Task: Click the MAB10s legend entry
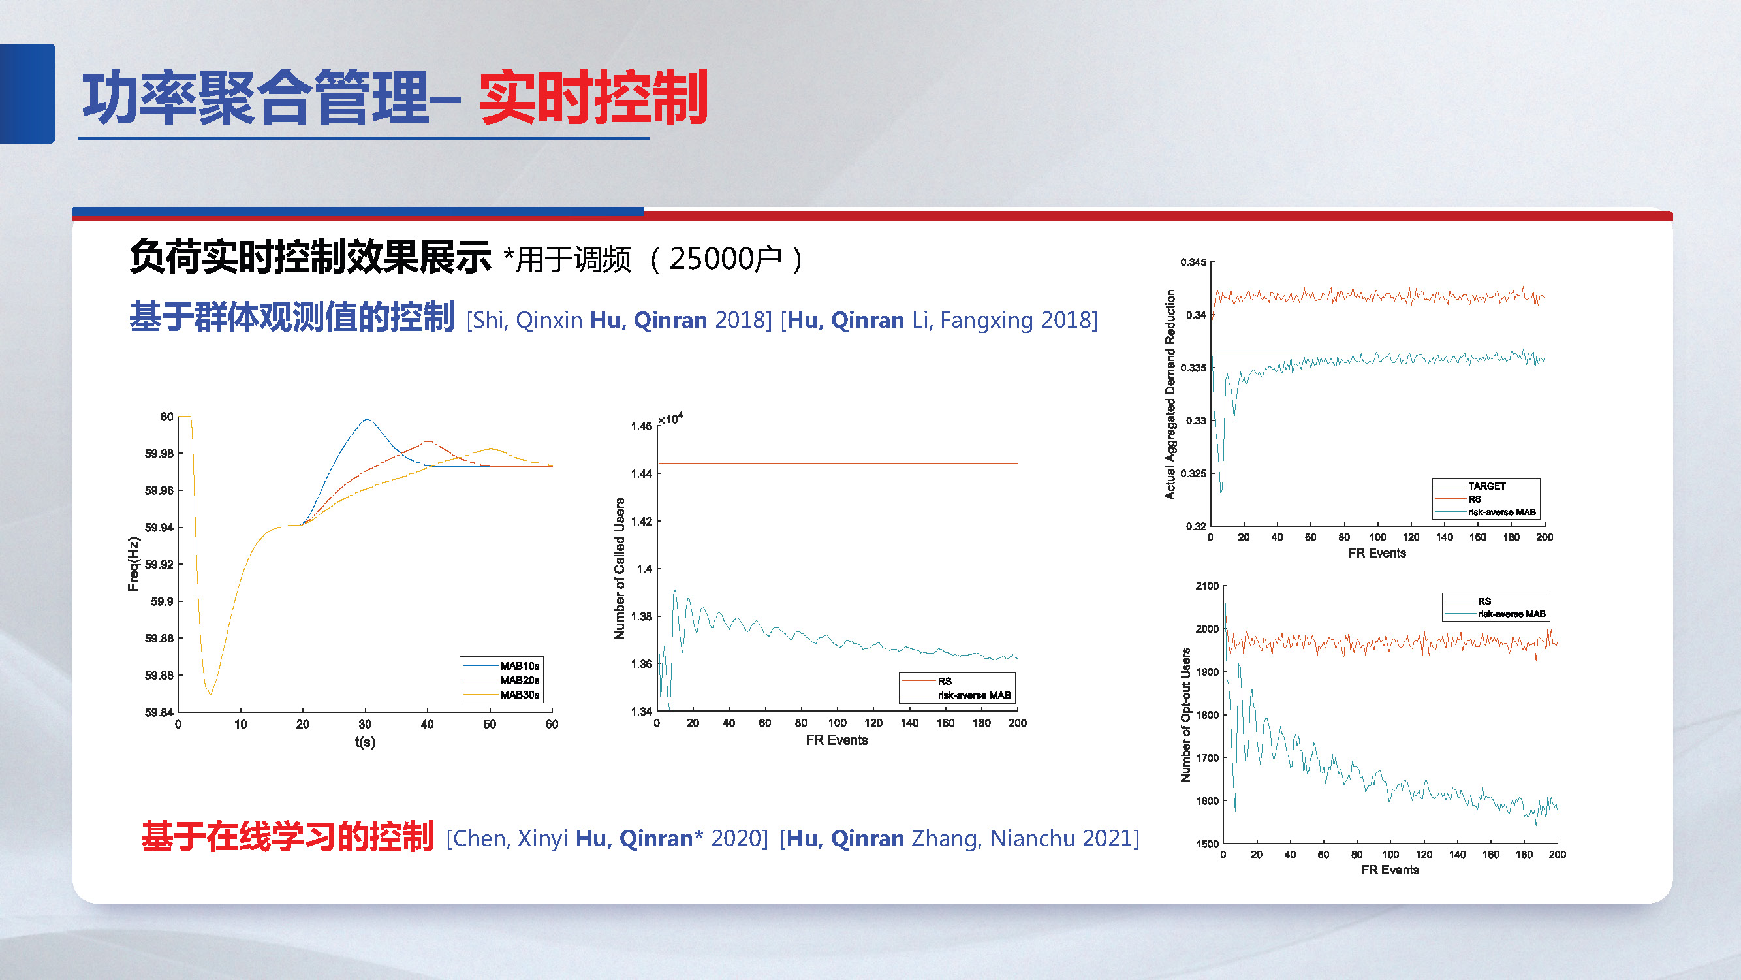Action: [519, 667]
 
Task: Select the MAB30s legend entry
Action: [519, 695]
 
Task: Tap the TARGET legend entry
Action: [1486, 486]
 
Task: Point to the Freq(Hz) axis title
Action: [133, 564]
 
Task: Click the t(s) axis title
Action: [365, 742]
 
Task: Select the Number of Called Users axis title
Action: [619, 569]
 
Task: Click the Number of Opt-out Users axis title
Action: [1185, 715]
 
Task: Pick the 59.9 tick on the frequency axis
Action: [161, 601]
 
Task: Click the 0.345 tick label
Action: [1193, 262]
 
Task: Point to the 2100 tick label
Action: [1206, 586]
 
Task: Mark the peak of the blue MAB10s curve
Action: [367, 420]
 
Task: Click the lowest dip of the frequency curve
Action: [210, 693]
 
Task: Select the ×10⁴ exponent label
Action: [670, 419]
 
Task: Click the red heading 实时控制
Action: [593, 98]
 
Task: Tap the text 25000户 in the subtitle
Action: [725, 259]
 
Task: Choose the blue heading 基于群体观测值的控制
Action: [291, 318]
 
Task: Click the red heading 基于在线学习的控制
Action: [287, 837]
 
